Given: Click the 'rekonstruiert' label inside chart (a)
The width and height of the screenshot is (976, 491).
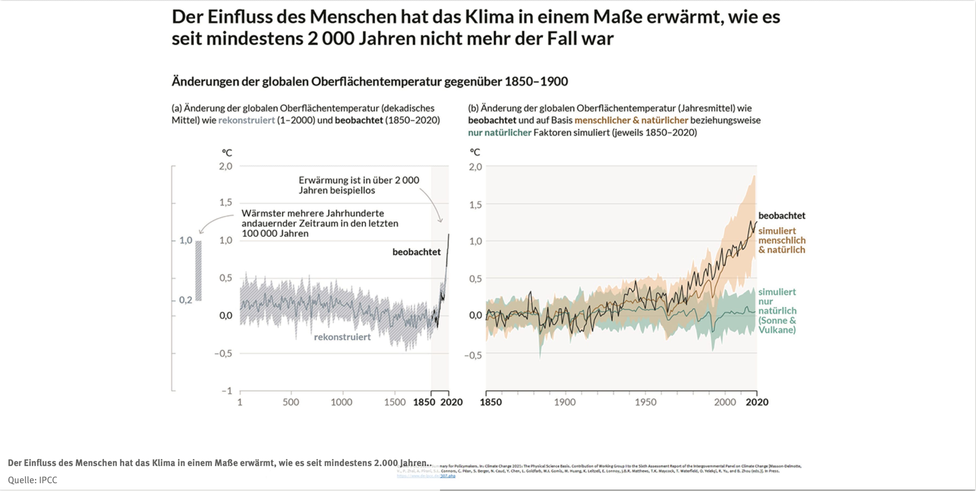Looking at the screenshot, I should (342, 337).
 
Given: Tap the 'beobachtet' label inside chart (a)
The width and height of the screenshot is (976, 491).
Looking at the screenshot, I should (417, 252).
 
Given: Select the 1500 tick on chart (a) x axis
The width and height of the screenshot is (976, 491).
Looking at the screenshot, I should (395, 402).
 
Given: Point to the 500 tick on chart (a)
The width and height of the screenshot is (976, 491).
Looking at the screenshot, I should (291, 402).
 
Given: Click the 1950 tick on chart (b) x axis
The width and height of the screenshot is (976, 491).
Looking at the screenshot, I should (646, 402).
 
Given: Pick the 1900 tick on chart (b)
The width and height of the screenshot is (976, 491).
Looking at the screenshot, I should (565, 402).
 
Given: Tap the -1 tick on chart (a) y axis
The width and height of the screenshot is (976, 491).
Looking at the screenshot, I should (227, 391).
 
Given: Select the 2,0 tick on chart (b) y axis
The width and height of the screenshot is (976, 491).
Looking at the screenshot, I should (476, 167).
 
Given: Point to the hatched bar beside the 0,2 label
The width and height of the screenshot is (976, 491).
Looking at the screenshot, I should (199, 271).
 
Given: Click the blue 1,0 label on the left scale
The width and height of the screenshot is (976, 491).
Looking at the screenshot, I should (186, 240).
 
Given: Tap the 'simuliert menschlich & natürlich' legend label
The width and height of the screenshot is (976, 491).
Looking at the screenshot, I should (782, 240).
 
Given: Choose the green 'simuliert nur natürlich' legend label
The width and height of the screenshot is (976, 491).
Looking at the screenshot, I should (777, 311).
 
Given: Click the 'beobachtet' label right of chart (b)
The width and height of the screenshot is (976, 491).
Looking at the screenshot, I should (782, 216).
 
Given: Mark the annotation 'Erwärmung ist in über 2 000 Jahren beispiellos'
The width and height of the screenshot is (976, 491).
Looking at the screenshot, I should (359, 185).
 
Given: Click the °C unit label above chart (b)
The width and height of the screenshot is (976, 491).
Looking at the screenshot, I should (475, 152).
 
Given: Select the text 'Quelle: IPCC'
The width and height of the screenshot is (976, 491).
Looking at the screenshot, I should (32, 480).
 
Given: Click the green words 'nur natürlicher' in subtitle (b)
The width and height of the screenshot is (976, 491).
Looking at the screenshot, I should (499, 133).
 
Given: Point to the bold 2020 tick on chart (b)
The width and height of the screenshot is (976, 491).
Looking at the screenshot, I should (757, 402).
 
